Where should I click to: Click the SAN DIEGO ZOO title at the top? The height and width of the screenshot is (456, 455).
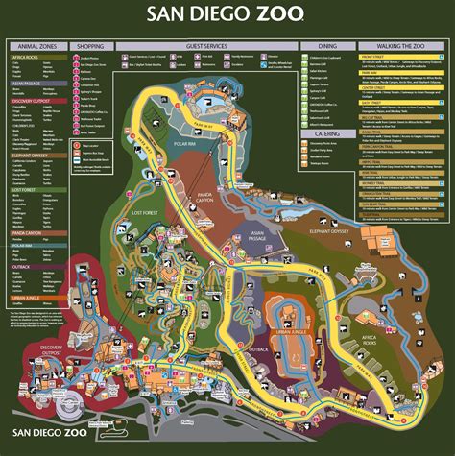click(x=227, y=15)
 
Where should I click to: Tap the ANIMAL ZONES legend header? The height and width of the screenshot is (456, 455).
click(x=37, y=45)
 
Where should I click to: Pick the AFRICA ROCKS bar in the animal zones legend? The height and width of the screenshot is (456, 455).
click(x=37, y=57)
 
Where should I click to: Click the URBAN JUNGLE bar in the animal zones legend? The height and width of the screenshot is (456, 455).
click(x=37, y=300)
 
